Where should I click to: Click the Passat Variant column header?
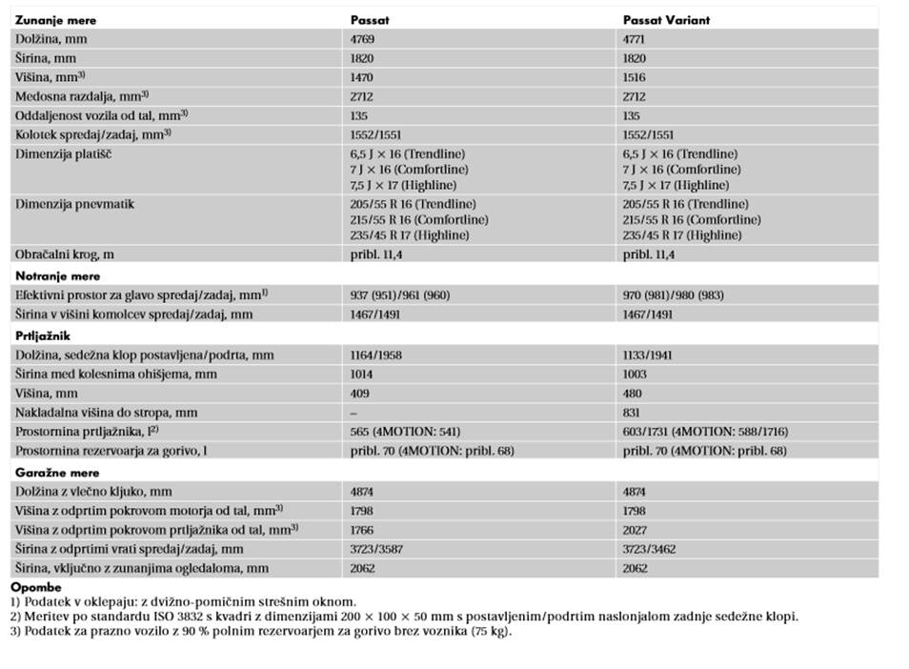coord(666,20)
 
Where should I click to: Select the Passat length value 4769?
coord(363,39)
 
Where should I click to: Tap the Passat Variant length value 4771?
coord(635,39)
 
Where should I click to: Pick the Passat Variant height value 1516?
coord(635,77)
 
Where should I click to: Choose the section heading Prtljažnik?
coord(44,335)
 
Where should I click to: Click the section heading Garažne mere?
coord(58,472)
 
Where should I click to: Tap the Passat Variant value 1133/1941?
coord(649,355)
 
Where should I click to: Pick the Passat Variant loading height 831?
coord(632,412)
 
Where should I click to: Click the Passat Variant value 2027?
coord(635,529)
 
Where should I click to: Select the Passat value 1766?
coord(363,529)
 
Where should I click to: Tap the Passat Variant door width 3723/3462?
coord(649,549)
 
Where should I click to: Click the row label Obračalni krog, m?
coord(75,254)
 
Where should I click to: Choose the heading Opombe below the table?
coord(35,587)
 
